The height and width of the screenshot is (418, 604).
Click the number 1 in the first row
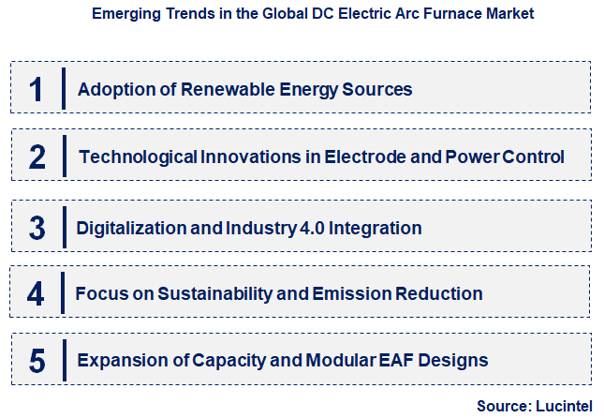click(x=37, y=89)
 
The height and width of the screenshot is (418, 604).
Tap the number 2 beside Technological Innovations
click(x=37, y=157)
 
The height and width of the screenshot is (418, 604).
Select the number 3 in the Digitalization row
click(x=37, y=228)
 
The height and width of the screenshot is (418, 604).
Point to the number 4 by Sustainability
click(x=36, y=293)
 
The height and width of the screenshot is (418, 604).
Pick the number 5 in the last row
click(x=36, y=360)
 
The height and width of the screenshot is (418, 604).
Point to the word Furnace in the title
click(x=425, y=15)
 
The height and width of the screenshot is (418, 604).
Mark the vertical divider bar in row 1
click(x=63, y=89)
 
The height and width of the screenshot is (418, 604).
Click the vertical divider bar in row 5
click(x=63, y=360)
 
